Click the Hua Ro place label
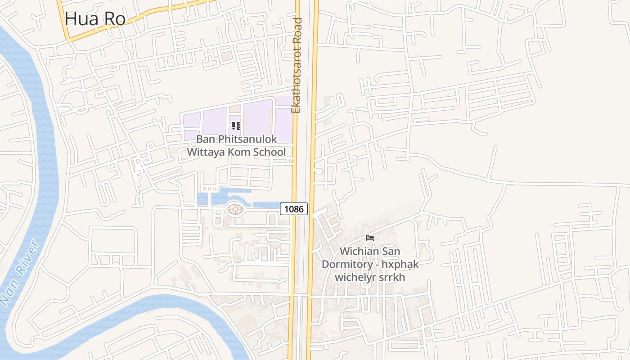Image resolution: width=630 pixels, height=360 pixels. [x=94, y=19]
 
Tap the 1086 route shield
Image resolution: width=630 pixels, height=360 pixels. [x=294, y=209]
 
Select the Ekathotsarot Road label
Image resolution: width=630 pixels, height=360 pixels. [x=296, y=65]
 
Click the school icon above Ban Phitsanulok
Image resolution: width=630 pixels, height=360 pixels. [x=236, y=126]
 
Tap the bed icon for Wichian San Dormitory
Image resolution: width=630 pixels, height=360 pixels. [x=370, y=238]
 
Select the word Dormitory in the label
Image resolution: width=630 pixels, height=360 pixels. [x=349, y=264]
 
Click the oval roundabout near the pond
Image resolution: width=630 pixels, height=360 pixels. [x=235, y=209]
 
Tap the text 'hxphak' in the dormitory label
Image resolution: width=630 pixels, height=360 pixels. [x=400, y=264]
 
